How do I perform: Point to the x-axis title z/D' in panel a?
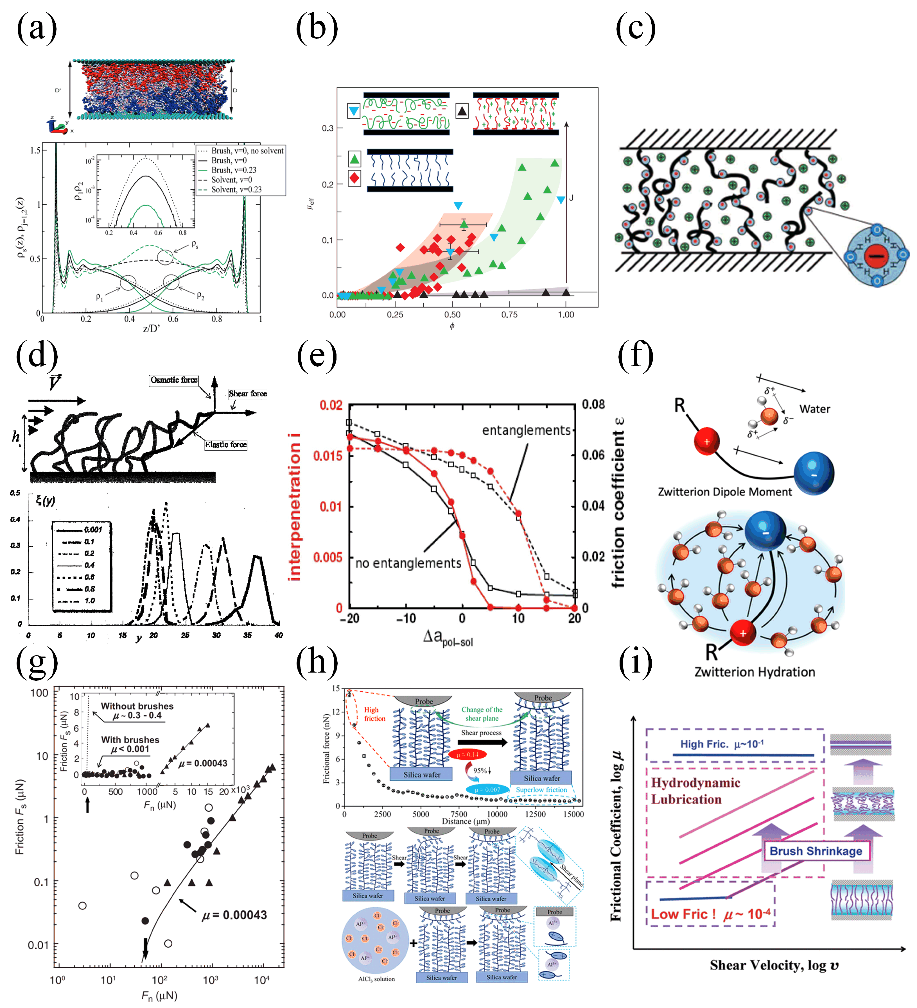[151, 328]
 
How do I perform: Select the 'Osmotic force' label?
[174, 380]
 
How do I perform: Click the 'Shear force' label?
[248, 394]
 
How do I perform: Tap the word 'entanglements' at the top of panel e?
[526, 430]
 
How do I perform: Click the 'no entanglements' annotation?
[408, 564]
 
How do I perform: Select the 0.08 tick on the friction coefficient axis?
[593, 404]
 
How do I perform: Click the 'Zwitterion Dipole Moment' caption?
[724, 492]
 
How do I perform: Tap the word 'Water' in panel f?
[814, 409]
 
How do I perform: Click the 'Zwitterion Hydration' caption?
[755, 672]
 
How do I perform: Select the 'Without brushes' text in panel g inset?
[137, 706]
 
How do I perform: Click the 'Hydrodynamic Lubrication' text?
[695, 791]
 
